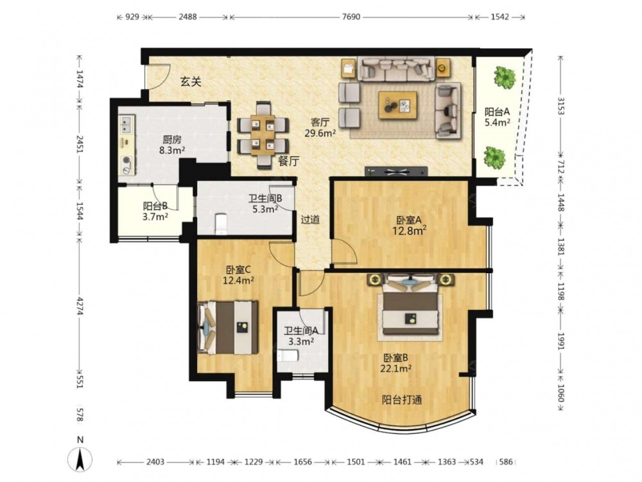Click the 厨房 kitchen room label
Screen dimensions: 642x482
[172, 140]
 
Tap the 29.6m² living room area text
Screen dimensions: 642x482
[320, 132]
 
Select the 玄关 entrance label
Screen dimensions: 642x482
[191, 82]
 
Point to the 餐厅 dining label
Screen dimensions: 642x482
[289, 161]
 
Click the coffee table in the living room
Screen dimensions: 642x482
[397, 105]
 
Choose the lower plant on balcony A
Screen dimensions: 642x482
[494, 157]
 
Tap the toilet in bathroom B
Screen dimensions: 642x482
[221, 224]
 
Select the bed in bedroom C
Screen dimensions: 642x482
[228, 327]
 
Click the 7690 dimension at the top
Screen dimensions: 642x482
[351, 17]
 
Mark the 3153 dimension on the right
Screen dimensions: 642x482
[560, 107]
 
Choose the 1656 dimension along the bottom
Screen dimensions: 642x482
[302, 462]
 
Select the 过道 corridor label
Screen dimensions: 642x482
[310, 220]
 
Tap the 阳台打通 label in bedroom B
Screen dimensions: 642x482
[402, 400]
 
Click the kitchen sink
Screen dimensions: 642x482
[126, 125]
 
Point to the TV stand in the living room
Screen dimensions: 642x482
[396, 172]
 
